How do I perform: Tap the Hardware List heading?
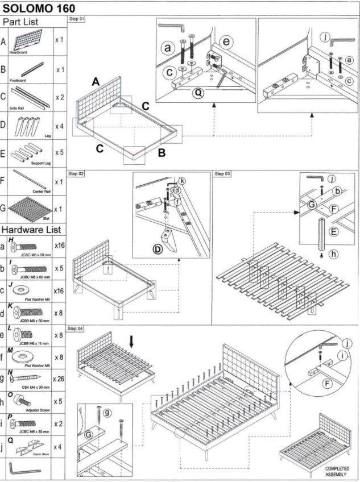click(x=32, y=230)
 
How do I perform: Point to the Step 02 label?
click(x=76, y=173)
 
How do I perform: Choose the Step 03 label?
click(x=222, y=173)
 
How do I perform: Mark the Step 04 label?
click(x=76, y=329)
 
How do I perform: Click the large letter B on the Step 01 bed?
click(x=161, y=152)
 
